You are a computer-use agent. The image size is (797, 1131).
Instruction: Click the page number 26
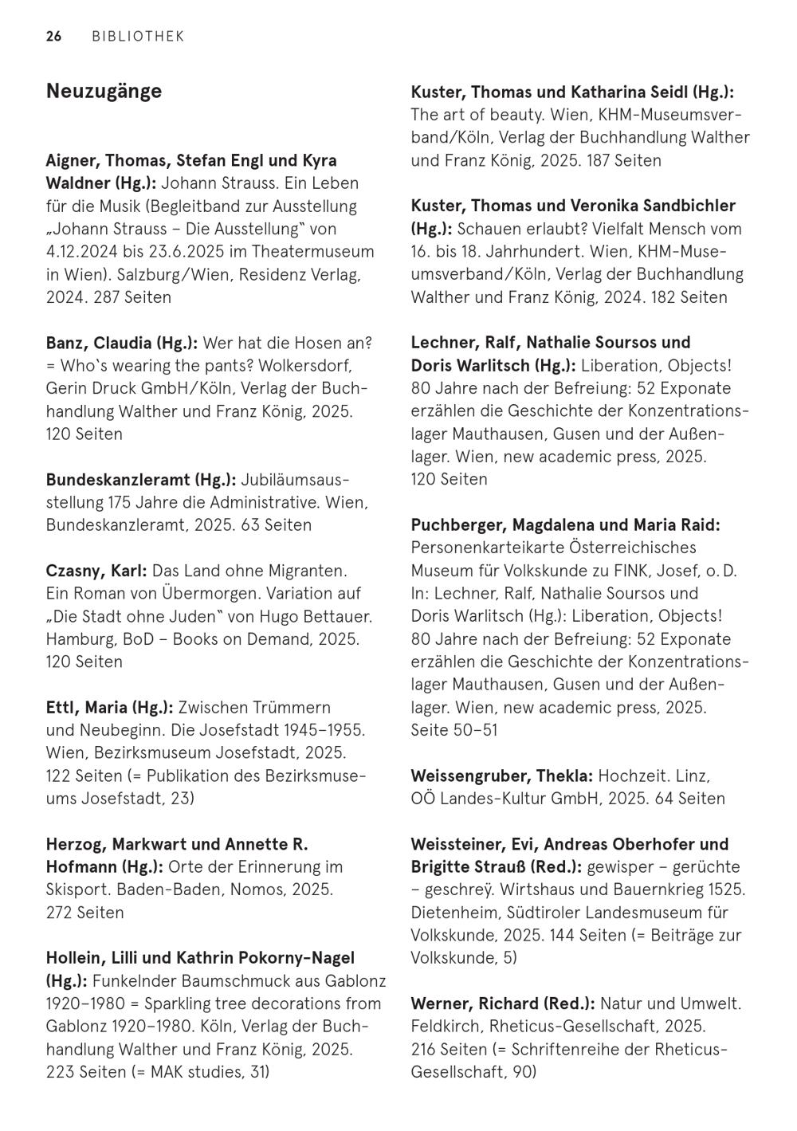(x=53, y=37)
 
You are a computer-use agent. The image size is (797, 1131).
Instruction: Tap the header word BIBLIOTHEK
(x=138, y=37)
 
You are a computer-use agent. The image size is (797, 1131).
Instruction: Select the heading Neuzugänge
(x=104, y=91)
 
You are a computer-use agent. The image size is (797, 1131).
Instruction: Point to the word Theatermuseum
(x=312, y=252)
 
